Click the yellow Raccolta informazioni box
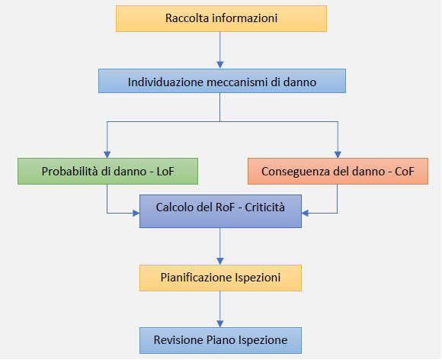coord(221,18)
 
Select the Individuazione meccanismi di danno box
coord(221,82)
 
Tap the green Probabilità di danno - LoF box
coord(107,171)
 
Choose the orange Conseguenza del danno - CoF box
coord(338,171)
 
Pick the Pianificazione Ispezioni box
coord(220,278)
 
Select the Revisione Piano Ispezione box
coord(220,340)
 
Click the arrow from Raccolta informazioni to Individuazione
coord(220,50)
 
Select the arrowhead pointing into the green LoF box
coord(107,153)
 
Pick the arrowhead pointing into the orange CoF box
coord(337,153)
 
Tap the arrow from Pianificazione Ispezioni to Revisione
coord(220,309)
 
